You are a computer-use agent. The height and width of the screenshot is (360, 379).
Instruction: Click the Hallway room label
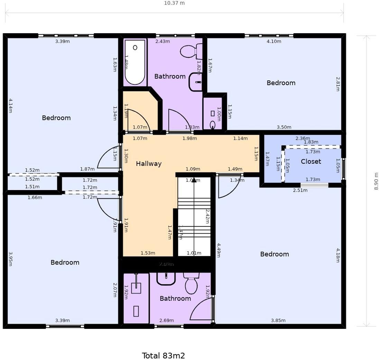pyautogui.click(x=148, y=164)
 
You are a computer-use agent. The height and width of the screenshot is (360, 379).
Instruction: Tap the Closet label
pyautogui.click(x=311, y=161)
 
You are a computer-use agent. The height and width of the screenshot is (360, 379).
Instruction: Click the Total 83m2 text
pyautogui.click(x=163, y=355)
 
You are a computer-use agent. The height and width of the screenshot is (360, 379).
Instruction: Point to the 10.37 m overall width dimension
pyautogui.click(x=174, y=3)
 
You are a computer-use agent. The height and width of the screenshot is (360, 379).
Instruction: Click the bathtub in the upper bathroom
pyautogui.click(x=135, y=62)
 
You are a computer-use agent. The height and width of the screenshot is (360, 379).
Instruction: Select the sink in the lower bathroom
pyautogui.click(x=166, y=278)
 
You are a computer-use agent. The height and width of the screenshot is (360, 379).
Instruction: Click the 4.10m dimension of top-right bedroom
pyautogui.click(x=274, y=42)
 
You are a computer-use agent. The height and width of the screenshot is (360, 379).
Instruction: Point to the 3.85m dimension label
pyautogui.click(x=278, y=320)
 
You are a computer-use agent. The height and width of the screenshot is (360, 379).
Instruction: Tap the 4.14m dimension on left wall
pyautogui.click(x=10, y=105)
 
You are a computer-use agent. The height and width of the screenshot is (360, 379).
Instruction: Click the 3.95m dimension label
pyautogui.click(x=10, y=259)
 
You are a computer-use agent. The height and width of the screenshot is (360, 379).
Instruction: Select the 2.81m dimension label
pyautogui.click(x=338, y=84)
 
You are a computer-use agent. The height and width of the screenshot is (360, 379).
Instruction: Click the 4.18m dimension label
pyautogui.click(x=338, y=255)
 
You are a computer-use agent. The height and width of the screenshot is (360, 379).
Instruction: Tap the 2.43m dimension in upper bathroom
pyautogui.click(x=163, y=42)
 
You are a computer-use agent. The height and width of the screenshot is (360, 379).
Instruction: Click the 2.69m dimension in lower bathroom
pyautogui.click(x=166, y=320)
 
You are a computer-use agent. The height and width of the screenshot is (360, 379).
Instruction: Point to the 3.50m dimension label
pyautogui.click(x=284, y=127)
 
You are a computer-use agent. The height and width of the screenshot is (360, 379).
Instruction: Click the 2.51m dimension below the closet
pyautogui.click(x=300, y=190)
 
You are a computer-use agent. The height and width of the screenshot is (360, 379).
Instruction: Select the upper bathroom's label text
pyautogui.click(x=170, y=76)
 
